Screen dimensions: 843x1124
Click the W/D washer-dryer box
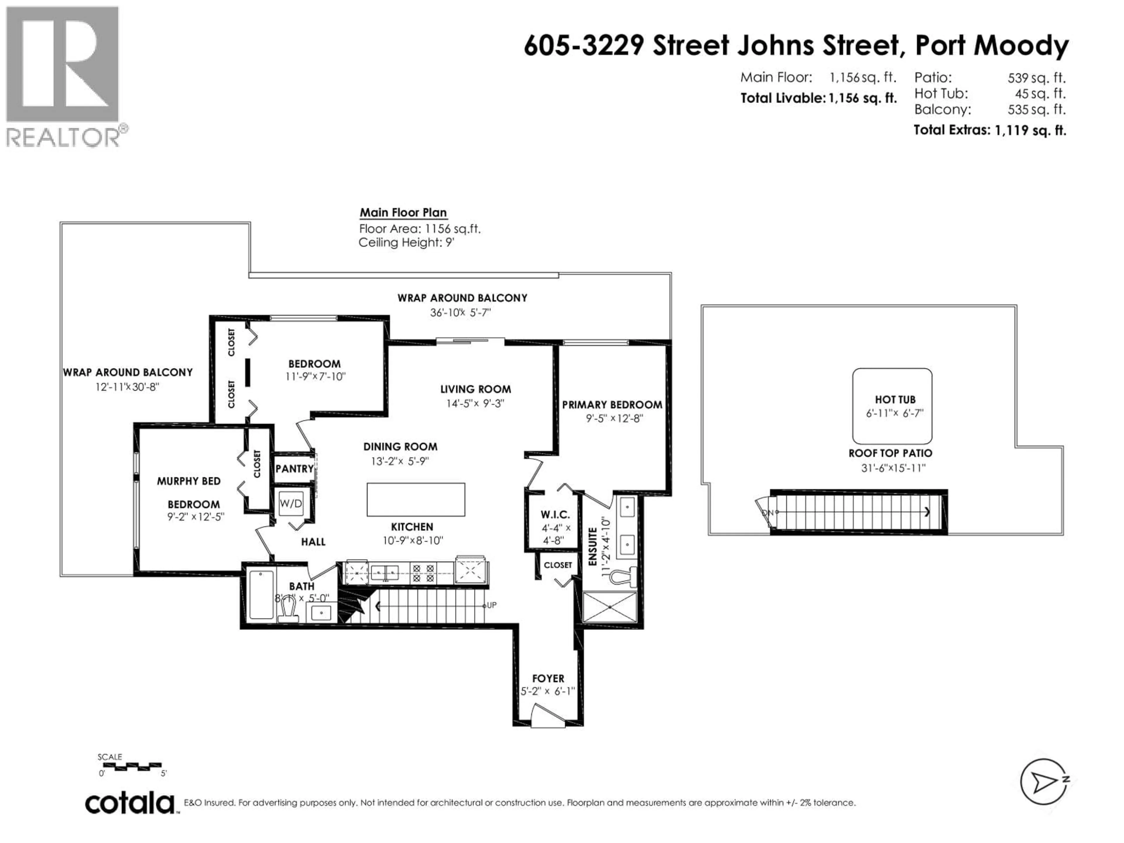tap(291, 503)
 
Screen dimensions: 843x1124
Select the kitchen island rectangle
tap(416, 499)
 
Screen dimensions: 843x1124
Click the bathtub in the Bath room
tap(261, 594)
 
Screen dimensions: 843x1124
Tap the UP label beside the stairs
tap(491, 605)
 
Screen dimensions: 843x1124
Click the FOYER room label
tap(548, 678)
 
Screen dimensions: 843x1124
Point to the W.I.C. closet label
tap(555, 515)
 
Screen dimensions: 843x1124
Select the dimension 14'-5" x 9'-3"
tap(475, 403)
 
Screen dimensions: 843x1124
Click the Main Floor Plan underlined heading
tap(403, 213)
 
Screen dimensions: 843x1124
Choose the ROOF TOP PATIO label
tap(890, 453)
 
